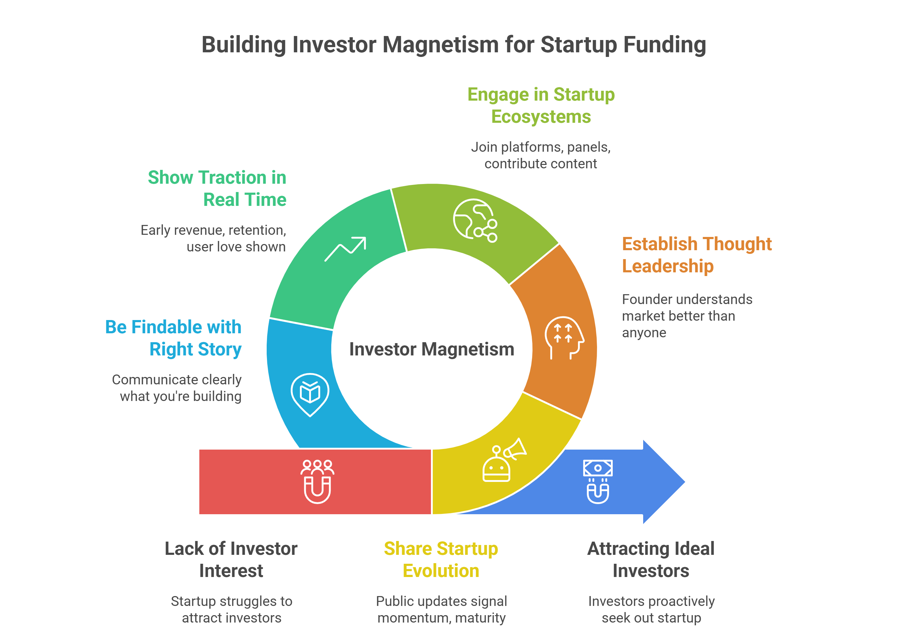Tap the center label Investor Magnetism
point(432,349)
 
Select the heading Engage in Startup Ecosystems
point(541,105)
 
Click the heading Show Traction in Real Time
point(217,188)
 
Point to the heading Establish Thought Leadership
point(697,255)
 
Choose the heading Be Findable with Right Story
point(173,338)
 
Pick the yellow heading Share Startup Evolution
point(441,559)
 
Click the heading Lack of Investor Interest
point(231,559)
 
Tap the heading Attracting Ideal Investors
point(651,559)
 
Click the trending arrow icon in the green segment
point(345,249)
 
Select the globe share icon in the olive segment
point(475,220)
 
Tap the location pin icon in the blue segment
point(310,395)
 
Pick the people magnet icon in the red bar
point(317,481)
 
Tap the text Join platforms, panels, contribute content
point(541,155)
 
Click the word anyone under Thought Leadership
point(644,333)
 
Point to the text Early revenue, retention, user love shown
point(213,238)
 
